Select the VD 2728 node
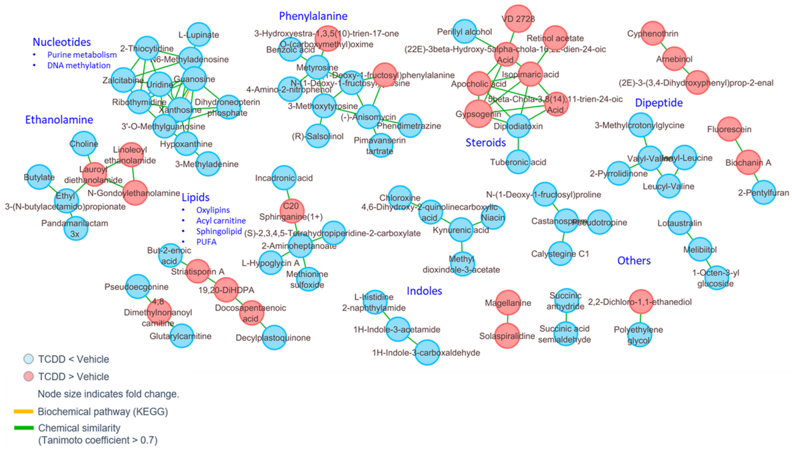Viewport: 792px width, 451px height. click(x=518, y=19)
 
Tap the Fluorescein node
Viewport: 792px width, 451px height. click(x=729, y=129)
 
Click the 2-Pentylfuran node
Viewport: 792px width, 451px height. click(x=763, y=192)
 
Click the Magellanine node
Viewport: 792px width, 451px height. click(x=508, y=302)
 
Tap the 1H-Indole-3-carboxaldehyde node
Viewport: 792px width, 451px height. click(x=427, y=352)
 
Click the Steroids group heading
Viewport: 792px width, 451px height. click(x=486, y=142)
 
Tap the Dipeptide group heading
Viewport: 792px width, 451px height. click(x=658, y=103)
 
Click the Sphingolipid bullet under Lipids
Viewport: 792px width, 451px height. click(x=219, y=231)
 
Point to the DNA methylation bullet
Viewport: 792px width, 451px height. click(x=79, y=65)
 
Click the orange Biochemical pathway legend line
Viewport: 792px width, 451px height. click(x=24, y=411)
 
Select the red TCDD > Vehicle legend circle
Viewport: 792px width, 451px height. click(x=29, y=376)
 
